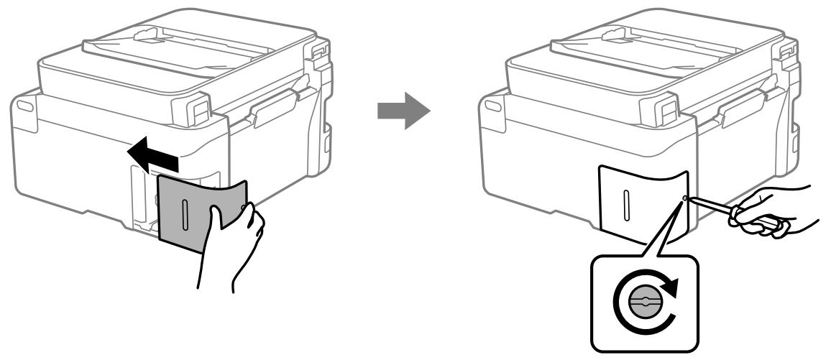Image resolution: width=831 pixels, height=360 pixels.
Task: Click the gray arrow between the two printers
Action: (404, 110)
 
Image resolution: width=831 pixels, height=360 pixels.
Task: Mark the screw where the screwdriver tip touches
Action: (684, 199)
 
